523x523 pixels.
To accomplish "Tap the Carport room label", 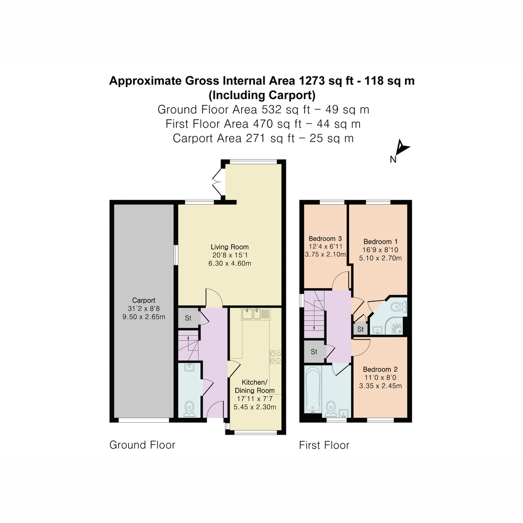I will click(144, 300).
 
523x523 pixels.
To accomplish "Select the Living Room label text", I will click(230, 247).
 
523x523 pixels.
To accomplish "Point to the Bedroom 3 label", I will click(325, 238).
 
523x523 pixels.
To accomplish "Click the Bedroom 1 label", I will click(380, 241).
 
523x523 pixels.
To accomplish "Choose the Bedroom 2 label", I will click(380, 369).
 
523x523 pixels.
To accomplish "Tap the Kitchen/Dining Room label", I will click(255, 386).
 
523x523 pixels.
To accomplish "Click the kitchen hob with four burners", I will click(275, 357).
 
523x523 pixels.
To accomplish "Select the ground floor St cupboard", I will click(188, 318).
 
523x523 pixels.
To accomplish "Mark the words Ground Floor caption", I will click(142, 445).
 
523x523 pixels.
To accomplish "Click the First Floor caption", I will click(324, 445).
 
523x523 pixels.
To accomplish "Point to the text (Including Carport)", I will click(262, 95).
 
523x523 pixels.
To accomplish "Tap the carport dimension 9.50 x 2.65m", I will click(144, 317).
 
